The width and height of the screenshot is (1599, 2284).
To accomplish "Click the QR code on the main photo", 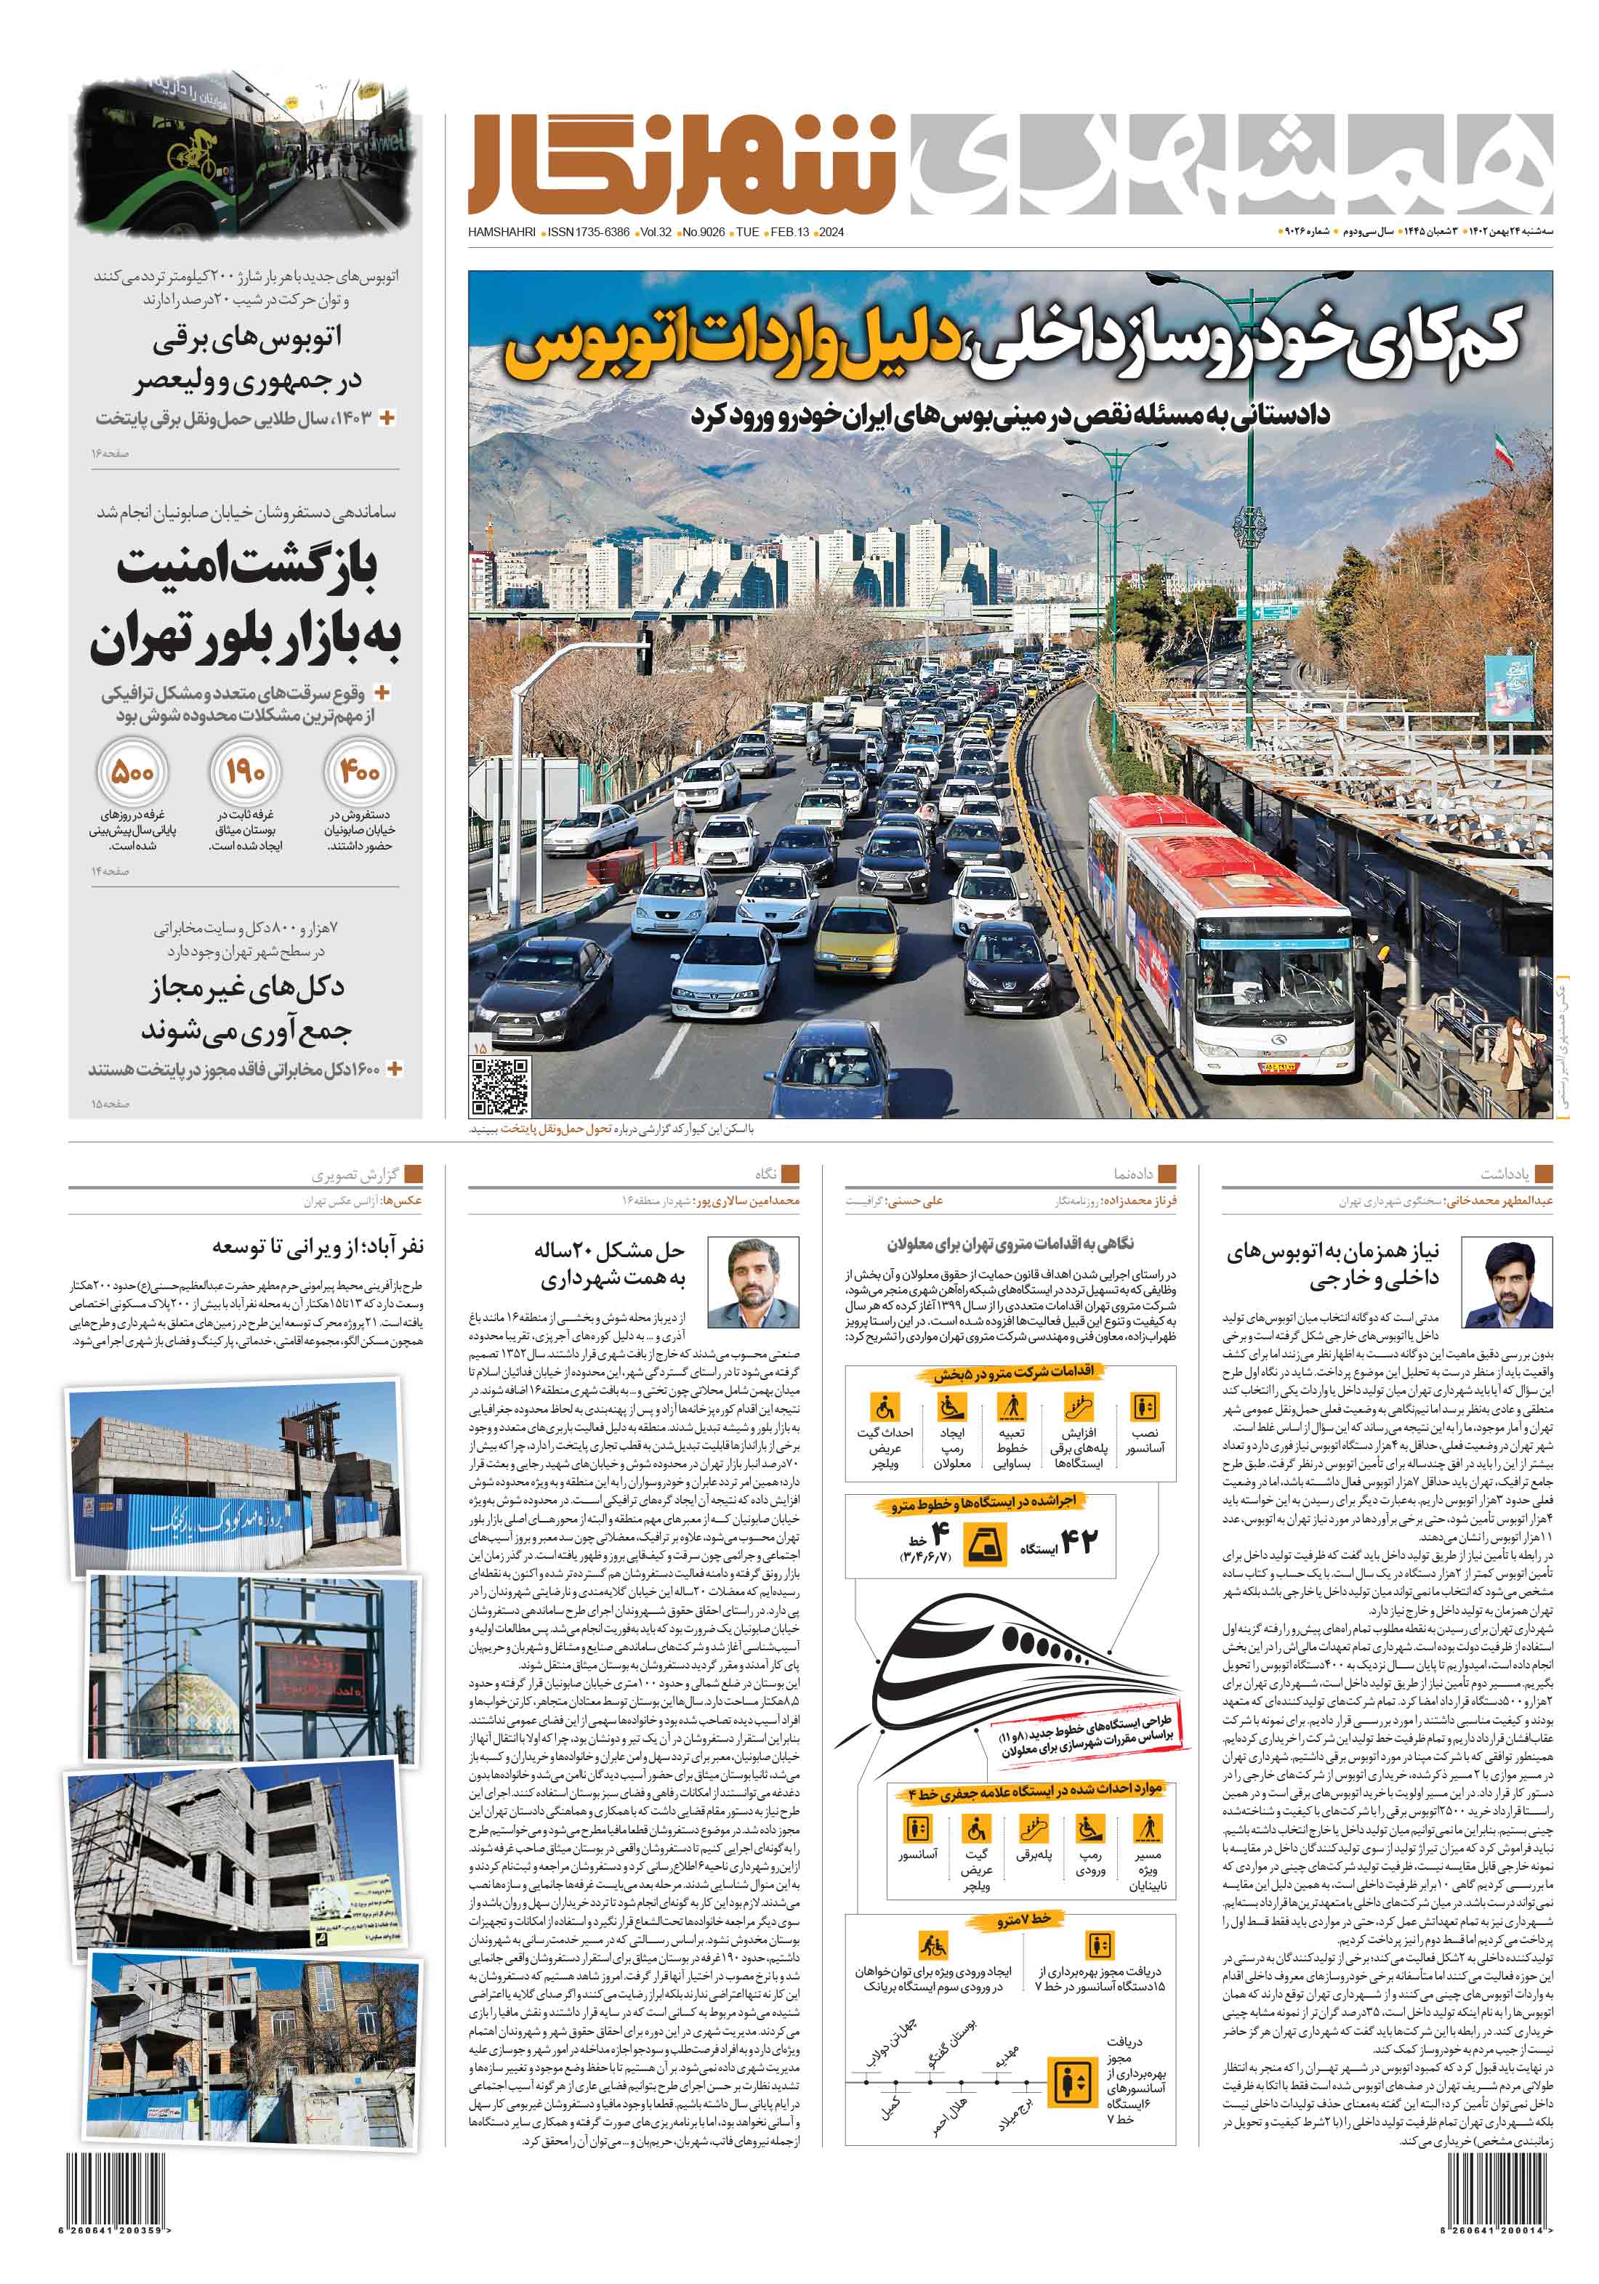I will [499, 1086].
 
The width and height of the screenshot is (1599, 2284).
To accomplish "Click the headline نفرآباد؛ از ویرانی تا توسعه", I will [318, 1246].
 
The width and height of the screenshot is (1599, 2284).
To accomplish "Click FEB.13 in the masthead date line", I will [790, 233].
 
